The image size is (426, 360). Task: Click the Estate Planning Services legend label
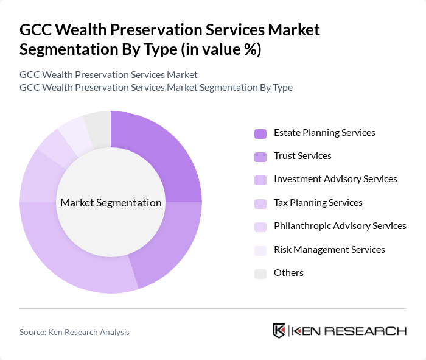324,133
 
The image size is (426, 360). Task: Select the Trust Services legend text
302,156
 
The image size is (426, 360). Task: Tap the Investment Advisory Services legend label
335,179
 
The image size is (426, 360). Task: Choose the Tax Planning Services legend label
318,203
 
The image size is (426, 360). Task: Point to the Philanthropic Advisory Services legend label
340,226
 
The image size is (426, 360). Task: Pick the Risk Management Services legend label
329,249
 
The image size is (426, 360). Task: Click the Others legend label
288,272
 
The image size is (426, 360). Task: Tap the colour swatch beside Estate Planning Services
260,133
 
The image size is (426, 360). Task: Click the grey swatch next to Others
260,274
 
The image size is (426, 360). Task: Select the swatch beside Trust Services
260,157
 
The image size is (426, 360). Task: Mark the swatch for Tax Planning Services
260,203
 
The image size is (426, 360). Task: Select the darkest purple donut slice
161,158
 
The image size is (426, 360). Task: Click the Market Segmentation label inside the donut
111,203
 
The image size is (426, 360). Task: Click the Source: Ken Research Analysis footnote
74,332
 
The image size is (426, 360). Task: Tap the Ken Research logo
340,331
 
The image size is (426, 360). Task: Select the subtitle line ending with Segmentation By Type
156,88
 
